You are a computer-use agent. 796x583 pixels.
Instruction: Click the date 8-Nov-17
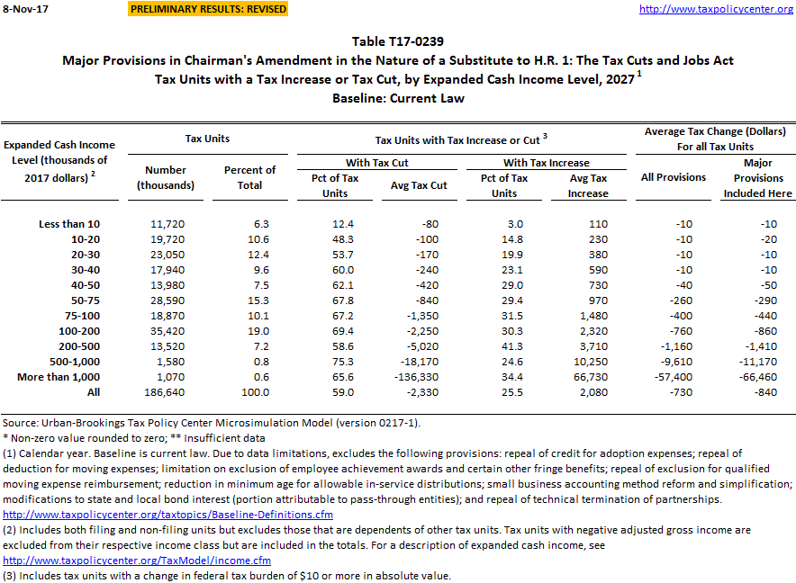24,9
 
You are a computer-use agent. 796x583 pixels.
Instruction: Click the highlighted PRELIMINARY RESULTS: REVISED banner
208,9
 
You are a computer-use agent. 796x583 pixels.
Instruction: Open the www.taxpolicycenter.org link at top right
715,9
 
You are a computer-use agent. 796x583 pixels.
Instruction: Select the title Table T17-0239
397,41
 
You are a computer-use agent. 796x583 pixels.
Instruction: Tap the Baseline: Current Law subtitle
397,98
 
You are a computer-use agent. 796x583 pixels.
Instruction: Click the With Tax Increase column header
546,163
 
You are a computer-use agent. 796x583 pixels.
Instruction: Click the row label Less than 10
70,223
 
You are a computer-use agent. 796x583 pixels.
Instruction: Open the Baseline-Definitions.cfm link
168,515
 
